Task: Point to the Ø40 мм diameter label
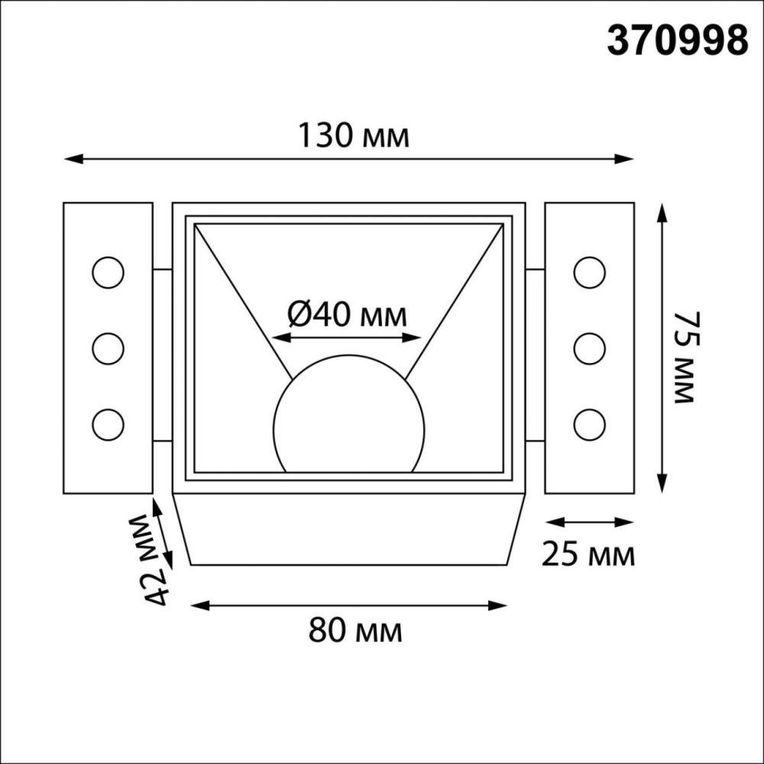pyautogui.click(x=348, y=314)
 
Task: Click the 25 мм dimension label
pyautogui.click(x=588, y=555)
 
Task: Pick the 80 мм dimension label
pyautogui.click(x=355, y=631)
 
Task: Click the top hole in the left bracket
pyautogui.click(x=108, y=273)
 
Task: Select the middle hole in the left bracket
pyautogui.click(x=108, y=348)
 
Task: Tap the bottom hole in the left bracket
pyautogui.click(x=108, y=423)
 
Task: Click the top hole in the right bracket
pyautogui.click(x=589, y=273)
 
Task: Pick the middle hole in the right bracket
pyautogui.click(x=589, y=348)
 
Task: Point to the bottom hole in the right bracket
pyautogui.click(x=589, y=423)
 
